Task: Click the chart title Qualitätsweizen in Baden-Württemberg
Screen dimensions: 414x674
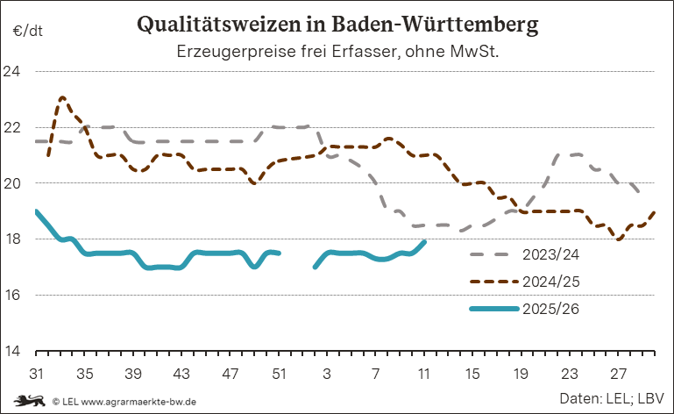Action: pos(337,24)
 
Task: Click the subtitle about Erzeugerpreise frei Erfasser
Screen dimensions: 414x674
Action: pos(337,52)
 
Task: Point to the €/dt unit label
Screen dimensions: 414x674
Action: pos(26,32)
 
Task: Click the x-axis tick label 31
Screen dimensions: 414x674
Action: pos(37,373)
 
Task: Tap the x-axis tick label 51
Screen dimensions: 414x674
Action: pos(279,373)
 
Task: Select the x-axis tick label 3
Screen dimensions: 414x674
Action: pos(327,373)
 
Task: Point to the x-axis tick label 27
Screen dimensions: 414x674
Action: pos(618,373)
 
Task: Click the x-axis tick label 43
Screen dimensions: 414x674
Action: pos(181,373)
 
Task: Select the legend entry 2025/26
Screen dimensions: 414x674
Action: pos(550,309)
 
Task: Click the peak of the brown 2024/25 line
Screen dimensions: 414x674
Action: pos(62,97)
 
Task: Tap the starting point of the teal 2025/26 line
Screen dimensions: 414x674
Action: pos(37,211)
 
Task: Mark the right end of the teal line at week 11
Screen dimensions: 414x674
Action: pos(424,242)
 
